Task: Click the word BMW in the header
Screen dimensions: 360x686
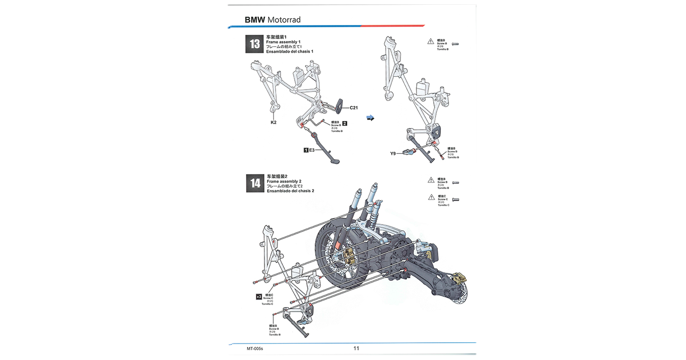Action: pyautogui.click(x=254, y=20)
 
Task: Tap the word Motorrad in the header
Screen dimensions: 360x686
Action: pyautogui.click(x=284, y=20)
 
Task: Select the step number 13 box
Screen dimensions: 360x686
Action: pyautogui.click(x=254, y=44)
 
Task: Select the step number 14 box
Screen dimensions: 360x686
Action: pyautogui.click(x=255, y=183)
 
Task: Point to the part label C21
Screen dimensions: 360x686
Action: pyautogui.click(x=354, y=108)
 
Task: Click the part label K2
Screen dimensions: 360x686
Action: pyautogui.click(x=274, y=122)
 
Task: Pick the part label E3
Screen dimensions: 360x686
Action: pyautogui.click(x=312, y=150)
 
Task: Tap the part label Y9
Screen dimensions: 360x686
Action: pyautogui.click(x=393, y=154)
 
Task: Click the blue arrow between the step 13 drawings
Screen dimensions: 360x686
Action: pyautogui.click(x=371, y=118)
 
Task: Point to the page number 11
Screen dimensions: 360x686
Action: pyautogui.click(x=356, y=348)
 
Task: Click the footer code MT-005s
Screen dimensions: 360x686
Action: pyautogui.click(x=255, y=349)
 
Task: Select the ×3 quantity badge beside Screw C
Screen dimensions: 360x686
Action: pyautogui.click(x=259, y=297)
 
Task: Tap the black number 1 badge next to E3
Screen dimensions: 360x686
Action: pyautogui.click(x=306, y=150)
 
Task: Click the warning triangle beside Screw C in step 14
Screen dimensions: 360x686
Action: pyautogui.click(x=431, y=197)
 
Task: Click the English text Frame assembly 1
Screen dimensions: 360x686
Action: pyautogui.click(x=283, y=42)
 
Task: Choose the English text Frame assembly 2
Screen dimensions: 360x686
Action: pyautogui.click(x=284, y=181)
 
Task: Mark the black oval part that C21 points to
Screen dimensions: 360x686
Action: pyautogui.click(x=339, y=105)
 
